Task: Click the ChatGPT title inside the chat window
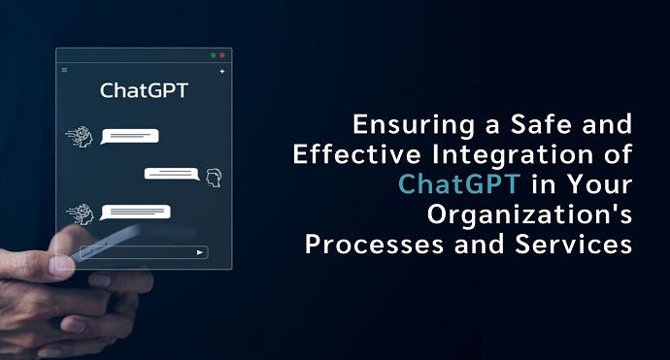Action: point(144,92)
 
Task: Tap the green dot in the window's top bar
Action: point(212,55)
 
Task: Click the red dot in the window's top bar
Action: point(222,55)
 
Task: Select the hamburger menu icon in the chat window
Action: point(65,70)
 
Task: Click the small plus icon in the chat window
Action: point(221,71)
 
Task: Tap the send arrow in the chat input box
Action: point(200,252)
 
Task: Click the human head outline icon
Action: point(215,176)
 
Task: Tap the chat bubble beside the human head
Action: point(172,174)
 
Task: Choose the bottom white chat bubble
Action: point(135,211)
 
